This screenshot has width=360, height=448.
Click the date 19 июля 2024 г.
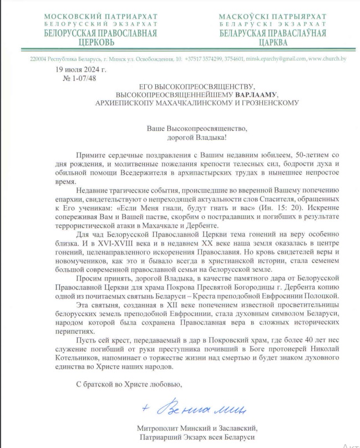(81, 69)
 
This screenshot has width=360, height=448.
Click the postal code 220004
(39, 58)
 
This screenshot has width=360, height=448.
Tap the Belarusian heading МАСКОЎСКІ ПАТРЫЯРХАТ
(272, 17)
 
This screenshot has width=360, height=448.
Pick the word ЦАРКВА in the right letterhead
(272, 42)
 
